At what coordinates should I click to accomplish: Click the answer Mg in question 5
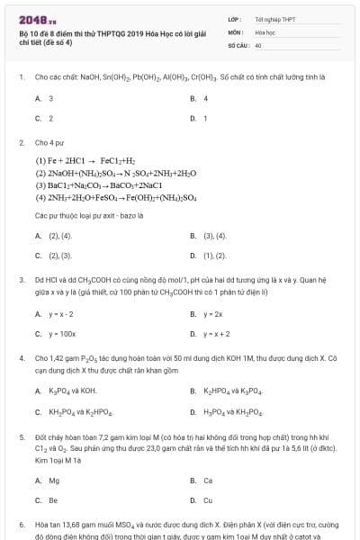53,481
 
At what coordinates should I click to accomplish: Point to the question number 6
22,524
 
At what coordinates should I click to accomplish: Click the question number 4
22,358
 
